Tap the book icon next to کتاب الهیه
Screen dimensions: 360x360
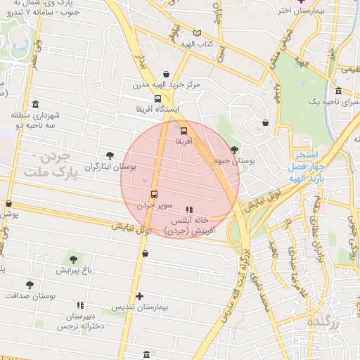tap(197, 33)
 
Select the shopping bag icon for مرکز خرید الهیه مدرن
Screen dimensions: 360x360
tap(166, 74)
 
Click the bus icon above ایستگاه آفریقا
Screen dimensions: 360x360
tap(157, 99)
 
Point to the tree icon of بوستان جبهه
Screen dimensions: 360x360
tap(234, 149)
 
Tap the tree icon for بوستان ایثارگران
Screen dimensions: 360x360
tap(109, 155)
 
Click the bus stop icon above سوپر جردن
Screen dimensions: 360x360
tap(154, 195)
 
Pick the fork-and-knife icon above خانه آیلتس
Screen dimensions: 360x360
tap(188, 210)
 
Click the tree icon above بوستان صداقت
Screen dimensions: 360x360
tap(30, 285)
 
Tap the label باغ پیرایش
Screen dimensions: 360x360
tap(75, 270)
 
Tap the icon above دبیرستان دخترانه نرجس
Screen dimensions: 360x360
tap(80, 305)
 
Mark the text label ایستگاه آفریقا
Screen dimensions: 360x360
tap(162, 110)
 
